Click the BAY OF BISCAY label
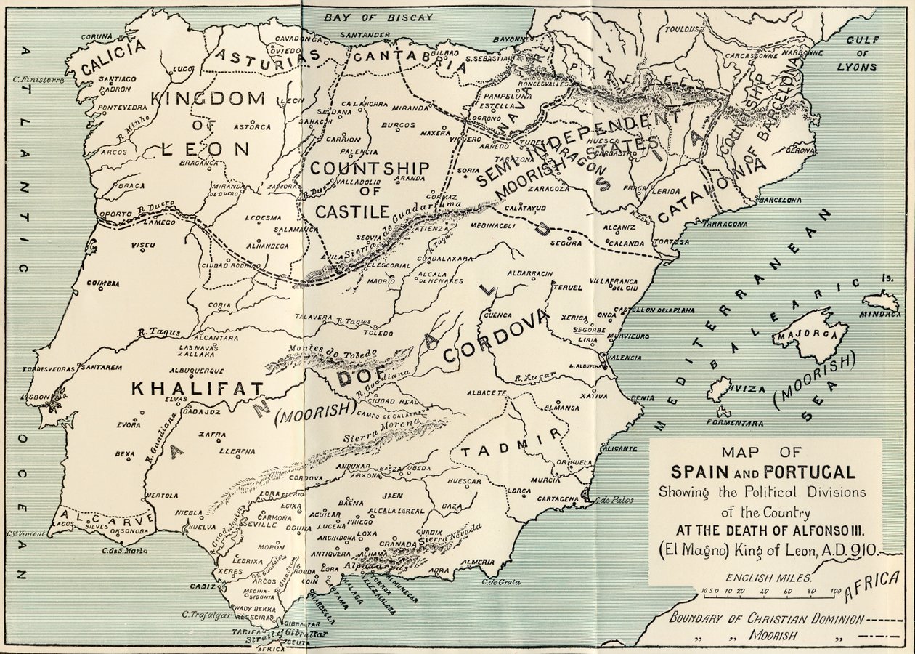(378, 17)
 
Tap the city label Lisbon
(36, 397)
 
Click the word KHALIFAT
(197, 389)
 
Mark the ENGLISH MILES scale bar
(771, 592)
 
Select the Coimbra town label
(102, 283)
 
